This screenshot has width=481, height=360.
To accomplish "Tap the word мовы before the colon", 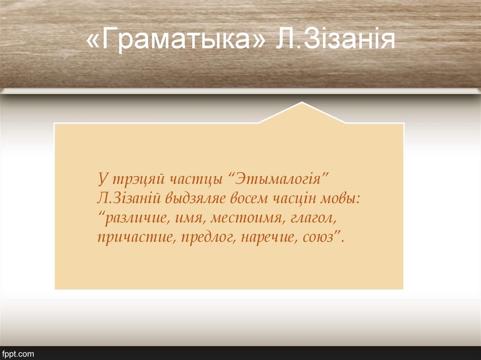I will click(341, 199).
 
